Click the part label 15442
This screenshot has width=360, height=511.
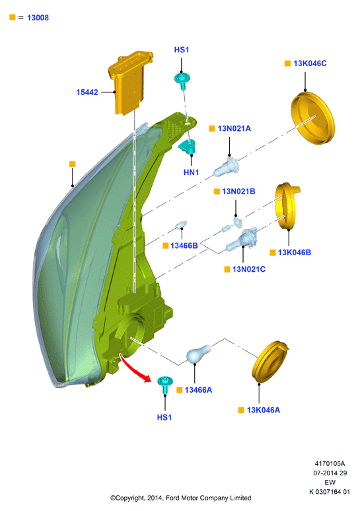coord(87,93)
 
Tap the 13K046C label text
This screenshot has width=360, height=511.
coord(310,63)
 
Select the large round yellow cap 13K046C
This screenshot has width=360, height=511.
coord(313,118)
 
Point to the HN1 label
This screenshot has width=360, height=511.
coord(191,172)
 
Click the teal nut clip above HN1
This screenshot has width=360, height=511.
coord(188,146)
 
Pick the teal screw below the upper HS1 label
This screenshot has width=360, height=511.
coord(182,81)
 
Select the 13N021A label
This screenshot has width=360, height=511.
coord(234,128)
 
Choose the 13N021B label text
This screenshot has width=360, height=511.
coord(238,191)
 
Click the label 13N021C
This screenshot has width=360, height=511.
coord(248,269)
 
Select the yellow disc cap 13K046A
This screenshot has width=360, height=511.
coord(270,362)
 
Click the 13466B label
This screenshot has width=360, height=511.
coord(184,245)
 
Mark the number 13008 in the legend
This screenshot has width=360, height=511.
coord(38,18)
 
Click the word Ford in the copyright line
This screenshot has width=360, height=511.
coord(173,498)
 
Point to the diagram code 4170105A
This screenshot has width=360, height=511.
coord(330,463)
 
